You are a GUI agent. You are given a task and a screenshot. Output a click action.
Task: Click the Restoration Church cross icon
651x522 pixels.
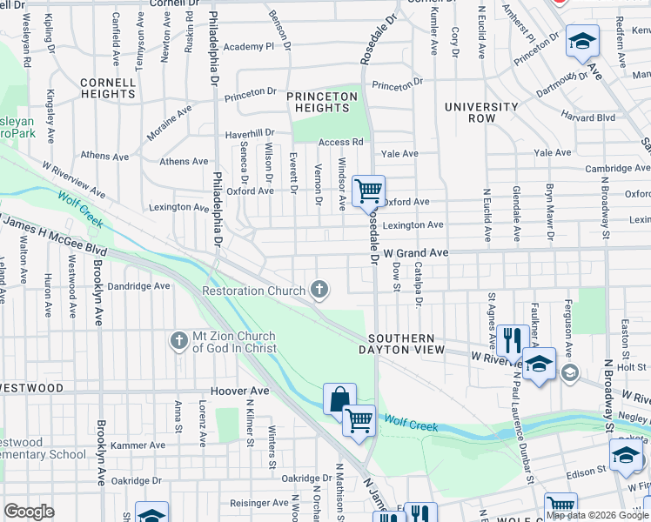319,290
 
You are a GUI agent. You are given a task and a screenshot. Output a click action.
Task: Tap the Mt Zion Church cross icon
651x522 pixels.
179,338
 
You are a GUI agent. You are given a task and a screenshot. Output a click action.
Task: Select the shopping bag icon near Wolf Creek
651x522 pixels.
339,398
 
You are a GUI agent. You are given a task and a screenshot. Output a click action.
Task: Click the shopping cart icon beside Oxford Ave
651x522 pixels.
369,189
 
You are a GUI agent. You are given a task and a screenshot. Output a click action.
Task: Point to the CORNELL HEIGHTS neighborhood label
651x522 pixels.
108,89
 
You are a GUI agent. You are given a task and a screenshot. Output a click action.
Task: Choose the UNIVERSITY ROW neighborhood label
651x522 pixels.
481,113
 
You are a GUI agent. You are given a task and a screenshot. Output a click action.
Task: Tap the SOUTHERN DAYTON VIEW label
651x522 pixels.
400,344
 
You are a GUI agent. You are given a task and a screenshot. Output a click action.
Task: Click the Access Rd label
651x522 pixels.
340,143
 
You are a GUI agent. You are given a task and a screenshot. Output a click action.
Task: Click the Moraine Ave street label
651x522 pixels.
168,113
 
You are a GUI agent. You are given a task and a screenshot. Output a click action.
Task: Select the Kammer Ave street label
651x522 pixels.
144,445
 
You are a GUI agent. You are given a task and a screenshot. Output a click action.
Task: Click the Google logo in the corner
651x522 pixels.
29,511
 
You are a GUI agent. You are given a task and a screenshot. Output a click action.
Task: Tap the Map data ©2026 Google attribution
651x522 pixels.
596,515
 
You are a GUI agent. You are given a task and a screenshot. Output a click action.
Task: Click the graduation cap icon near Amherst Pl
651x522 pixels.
581,42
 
